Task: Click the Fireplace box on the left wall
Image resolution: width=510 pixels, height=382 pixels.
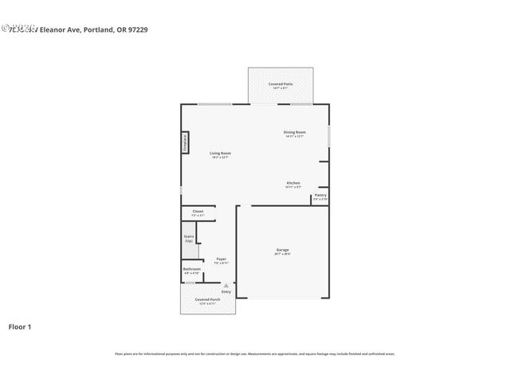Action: coord(185,142)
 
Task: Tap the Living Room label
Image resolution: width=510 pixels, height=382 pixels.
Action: coord(220,153)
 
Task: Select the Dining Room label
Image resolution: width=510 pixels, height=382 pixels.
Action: coord(295,132)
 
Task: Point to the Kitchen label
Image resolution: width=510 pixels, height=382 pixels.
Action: coord(293,183)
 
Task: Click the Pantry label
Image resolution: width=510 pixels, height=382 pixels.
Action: coord(320,195)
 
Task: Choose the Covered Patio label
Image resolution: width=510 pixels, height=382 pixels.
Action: coord(280,84)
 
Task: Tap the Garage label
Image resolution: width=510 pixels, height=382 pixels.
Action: coord(283,250)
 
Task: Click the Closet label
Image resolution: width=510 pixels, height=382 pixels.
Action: coord(198,212)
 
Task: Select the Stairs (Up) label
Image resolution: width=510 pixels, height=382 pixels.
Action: coord(190,238)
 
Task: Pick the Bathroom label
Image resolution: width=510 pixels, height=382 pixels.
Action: coord(191,269)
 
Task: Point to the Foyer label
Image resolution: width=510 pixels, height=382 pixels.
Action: coord(222,259)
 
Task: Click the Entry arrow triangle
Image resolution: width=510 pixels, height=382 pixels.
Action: coord(226,285)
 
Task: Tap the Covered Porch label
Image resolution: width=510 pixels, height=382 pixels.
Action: coord(207,299)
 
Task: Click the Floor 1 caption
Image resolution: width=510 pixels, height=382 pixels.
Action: coord(20,326)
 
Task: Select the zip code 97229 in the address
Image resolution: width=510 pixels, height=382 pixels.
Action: coord(137,29)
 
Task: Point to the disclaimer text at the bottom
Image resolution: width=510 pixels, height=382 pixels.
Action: coord(254,353)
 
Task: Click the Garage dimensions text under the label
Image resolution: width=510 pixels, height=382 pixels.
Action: coord(283,254)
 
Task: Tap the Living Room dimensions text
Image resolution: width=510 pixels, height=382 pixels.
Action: coord(220,157)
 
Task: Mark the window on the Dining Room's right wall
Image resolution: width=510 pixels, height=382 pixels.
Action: coord(329,132)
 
